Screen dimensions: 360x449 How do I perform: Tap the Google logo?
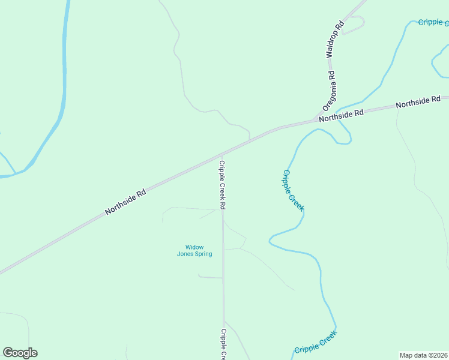20,353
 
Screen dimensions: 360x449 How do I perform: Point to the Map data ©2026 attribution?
424,355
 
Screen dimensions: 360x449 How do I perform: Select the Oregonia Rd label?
329,91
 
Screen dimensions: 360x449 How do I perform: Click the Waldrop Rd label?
335,38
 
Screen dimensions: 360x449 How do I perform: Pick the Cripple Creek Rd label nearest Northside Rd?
222,184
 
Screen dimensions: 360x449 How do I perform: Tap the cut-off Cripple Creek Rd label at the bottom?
223,344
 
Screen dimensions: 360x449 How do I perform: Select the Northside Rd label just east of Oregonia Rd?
342,115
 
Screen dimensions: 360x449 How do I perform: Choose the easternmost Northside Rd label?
418,102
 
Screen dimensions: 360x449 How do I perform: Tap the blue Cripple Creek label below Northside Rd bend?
293,190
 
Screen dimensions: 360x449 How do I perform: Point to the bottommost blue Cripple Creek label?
316,343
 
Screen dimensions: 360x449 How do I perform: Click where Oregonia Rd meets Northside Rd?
313,120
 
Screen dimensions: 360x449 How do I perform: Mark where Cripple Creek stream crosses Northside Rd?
340,116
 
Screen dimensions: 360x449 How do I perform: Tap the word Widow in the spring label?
194,247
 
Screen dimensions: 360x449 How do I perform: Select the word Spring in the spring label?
203,254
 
